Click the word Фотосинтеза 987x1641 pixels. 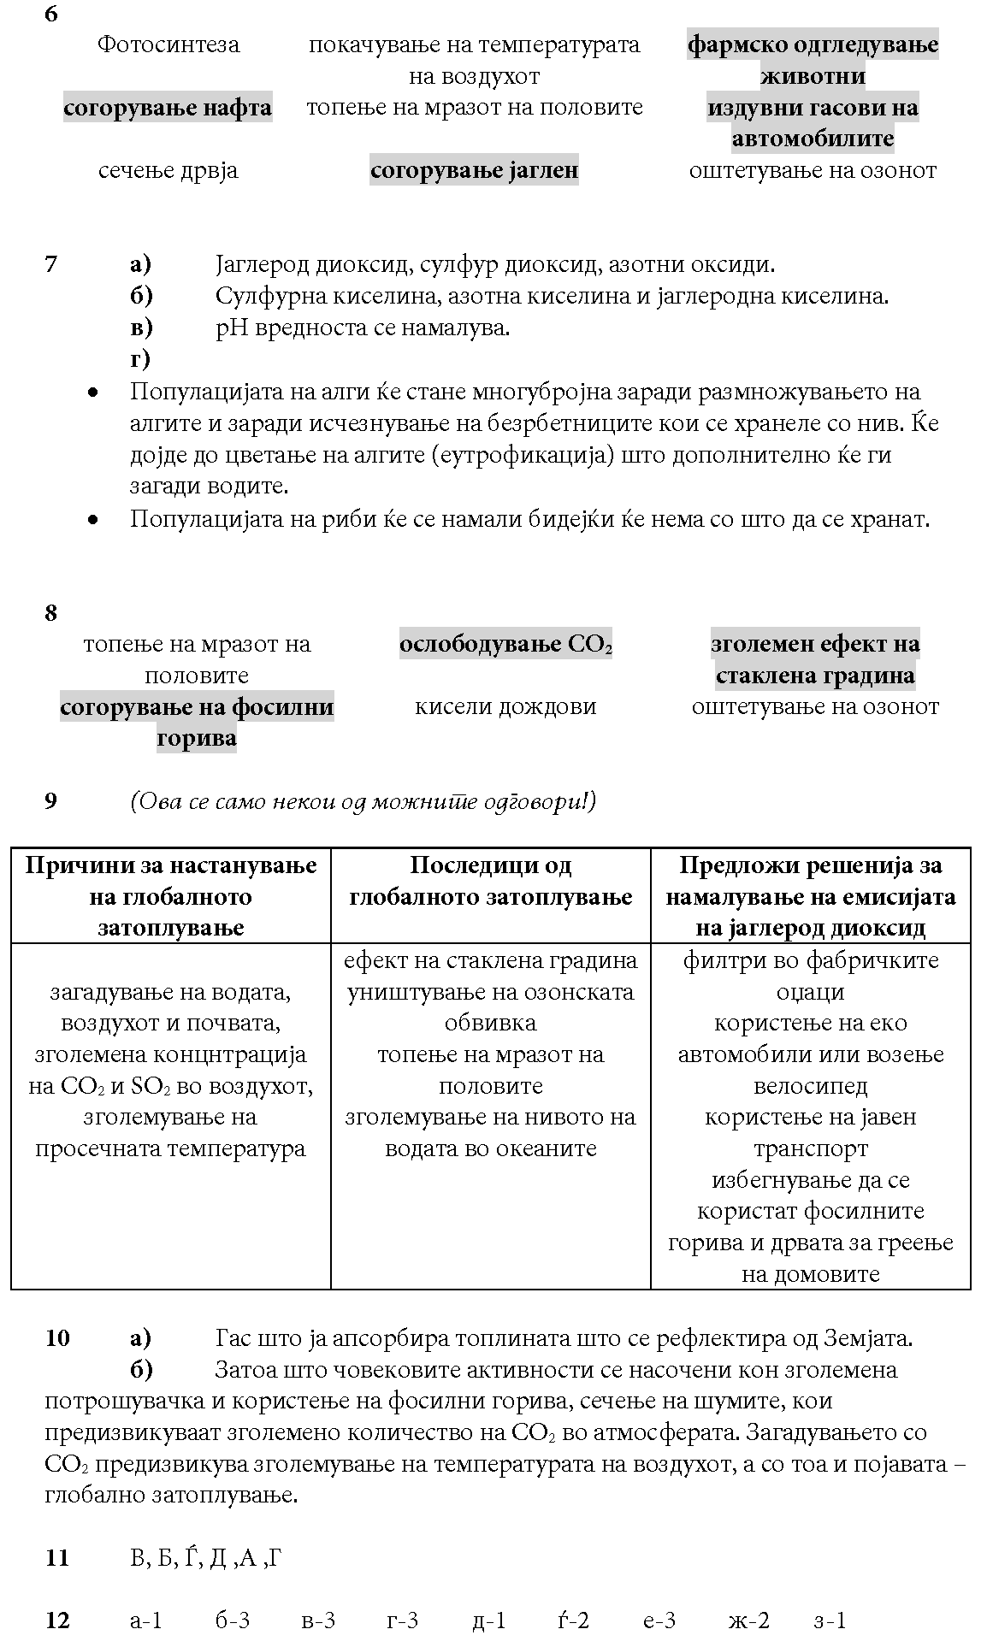pyautogui.click(x=168, y=44)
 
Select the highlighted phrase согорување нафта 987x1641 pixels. pyautogui.click(x=168, y=108)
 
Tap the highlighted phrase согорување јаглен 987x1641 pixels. pyautogui.click(x=474, y=170)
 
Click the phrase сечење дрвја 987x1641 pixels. pyautogui.click(x=168, y=170)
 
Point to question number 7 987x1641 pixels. pyautogui.click(x=51, y=264)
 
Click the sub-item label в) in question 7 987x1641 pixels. pyautogui.click(x=141, y=328)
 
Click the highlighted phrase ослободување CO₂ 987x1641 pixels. pyautogui.click(x=505, y=644)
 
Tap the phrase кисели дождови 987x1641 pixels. pyautogui.click(x=505, y=707)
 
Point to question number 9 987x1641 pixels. pyautogui.click(x=51, y=801)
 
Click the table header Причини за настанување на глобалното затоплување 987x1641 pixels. pyautogui.click(x=171, y=896)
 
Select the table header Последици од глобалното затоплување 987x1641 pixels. pyautogui.click(x=490, y=881)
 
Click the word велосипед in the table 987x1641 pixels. pyautogui.click(x=810, y=1086)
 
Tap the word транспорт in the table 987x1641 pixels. pyautogui.click(x=810, y=1148)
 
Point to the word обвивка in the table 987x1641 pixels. pyautogui.click(x=490, y=1024)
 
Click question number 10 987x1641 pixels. pyautogui.click(x=57, y=1338)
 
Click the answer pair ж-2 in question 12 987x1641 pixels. pyautogui.click(x=748, y=1620)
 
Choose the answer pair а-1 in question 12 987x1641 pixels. pyautogui.click(x=145, y=1620)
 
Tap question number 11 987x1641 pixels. pyautogui.click(x=56, y=1558)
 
